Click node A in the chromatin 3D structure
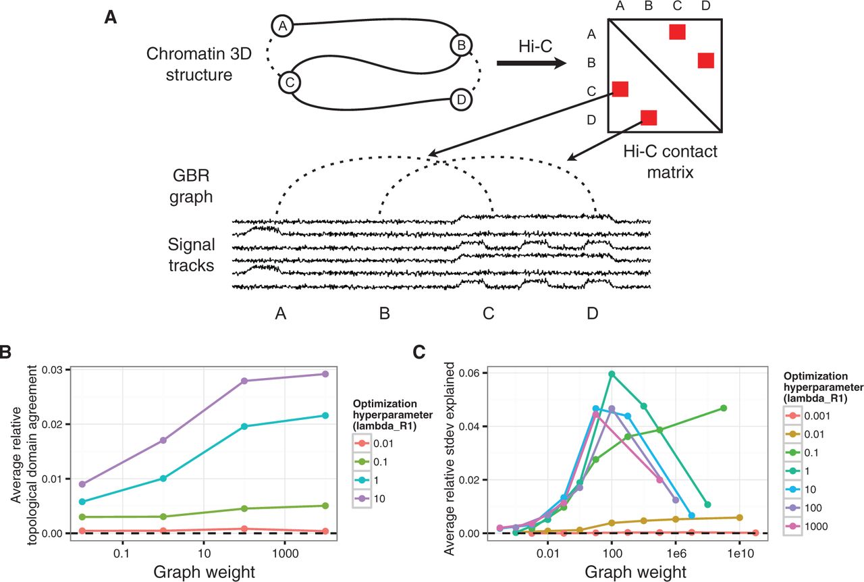283,26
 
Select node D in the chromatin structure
461,99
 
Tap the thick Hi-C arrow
531,63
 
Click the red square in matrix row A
677,32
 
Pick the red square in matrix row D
649,117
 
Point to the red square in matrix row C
620,89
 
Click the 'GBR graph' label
191,186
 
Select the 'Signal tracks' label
191,255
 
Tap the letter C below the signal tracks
488,313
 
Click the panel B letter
5,352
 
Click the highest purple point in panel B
325,374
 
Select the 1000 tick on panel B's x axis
286,554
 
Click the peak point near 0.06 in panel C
612,374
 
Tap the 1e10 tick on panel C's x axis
740,554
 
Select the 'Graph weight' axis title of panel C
636,572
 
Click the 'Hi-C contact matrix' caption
670,162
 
